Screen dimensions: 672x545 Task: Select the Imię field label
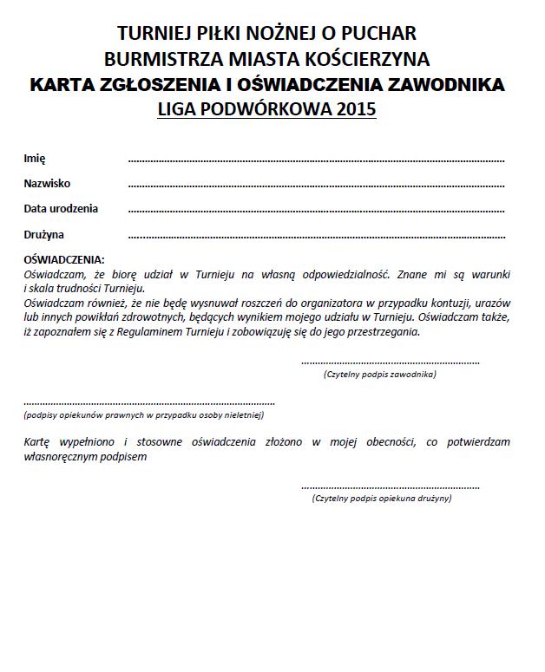35,159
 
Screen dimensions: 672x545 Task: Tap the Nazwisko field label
47,184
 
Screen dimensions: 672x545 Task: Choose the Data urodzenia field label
61,209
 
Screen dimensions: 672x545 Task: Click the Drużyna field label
44,235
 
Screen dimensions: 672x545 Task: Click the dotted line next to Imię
316,161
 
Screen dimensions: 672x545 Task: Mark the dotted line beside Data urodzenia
316,212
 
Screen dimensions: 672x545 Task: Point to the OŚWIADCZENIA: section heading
64,259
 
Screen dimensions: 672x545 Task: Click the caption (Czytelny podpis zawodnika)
379,375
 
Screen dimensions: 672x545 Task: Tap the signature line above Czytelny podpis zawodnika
390,362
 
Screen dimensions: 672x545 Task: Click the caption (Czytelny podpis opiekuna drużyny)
381,499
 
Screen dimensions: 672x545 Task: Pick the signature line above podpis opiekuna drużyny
390,487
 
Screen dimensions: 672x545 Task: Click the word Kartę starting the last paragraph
40,441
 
